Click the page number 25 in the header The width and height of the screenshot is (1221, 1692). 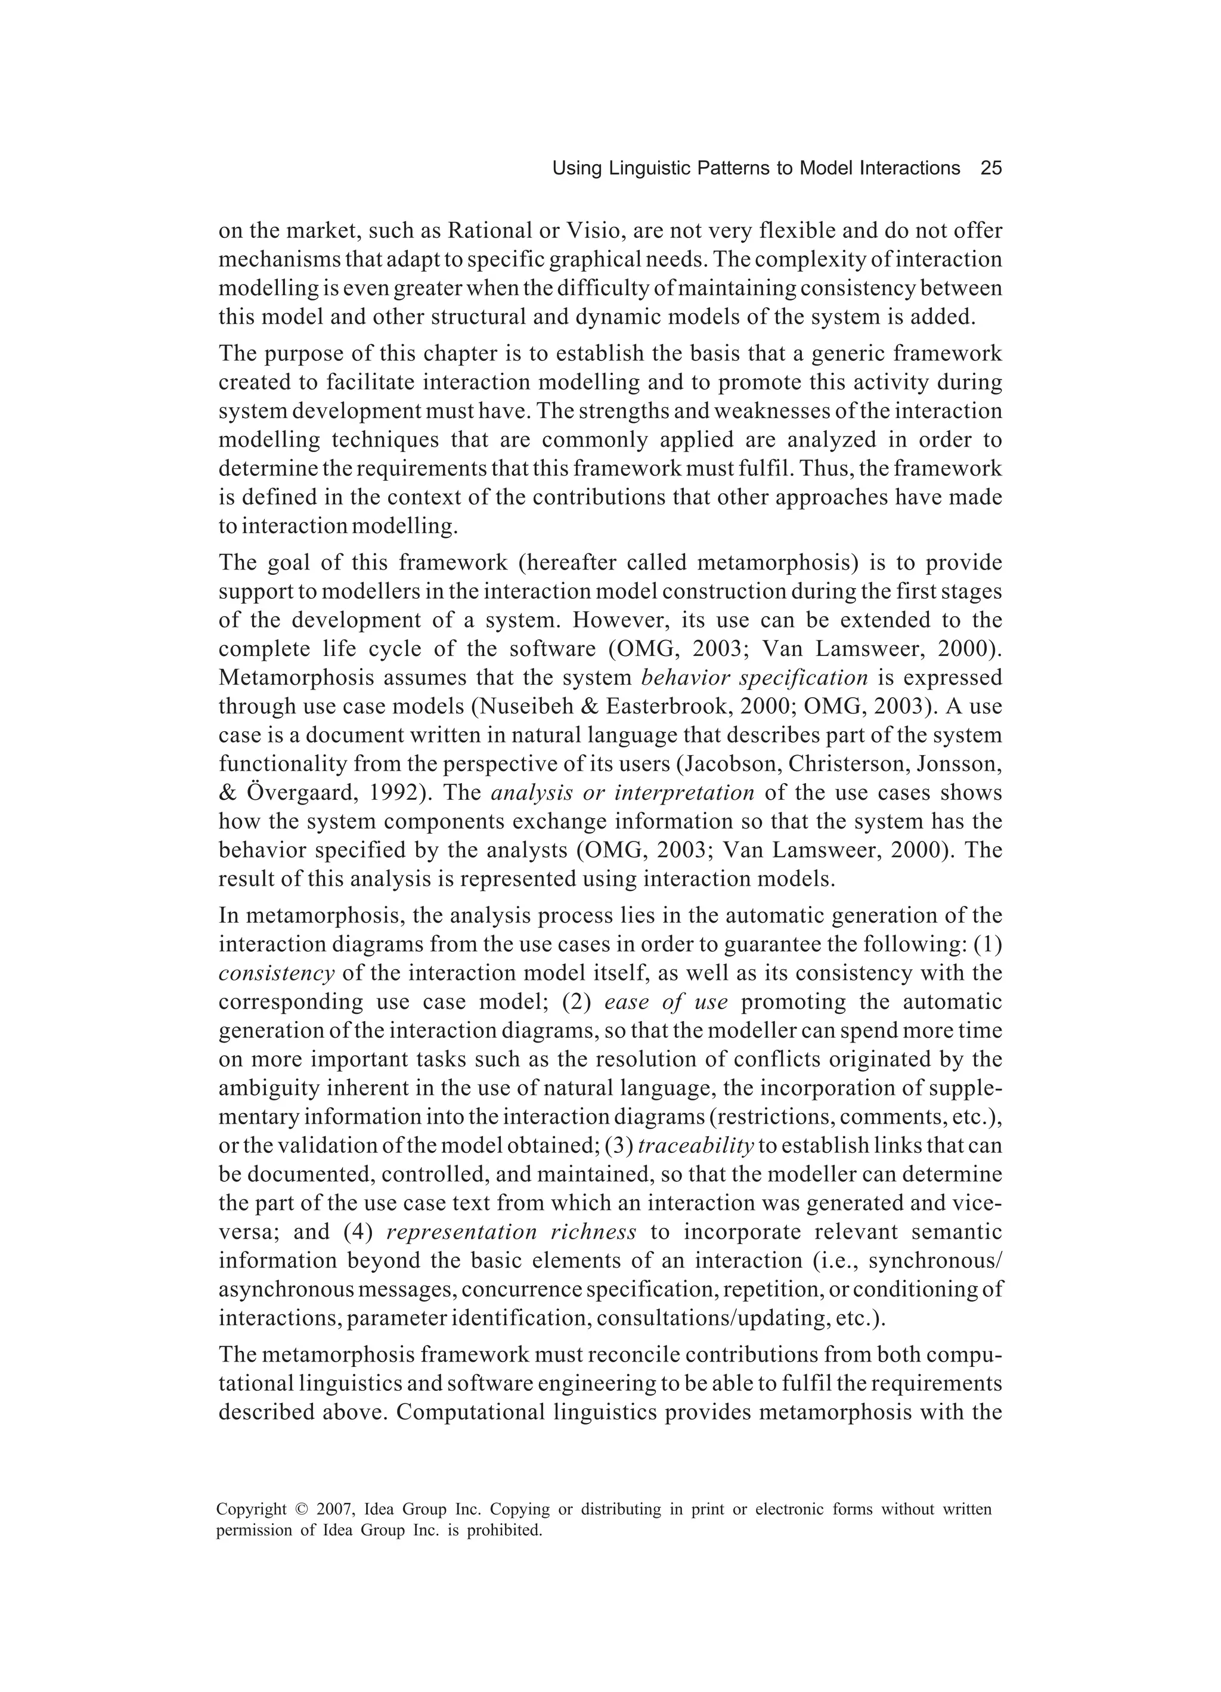(990, 169)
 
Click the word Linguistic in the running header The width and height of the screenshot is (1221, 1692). (648, 169)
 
